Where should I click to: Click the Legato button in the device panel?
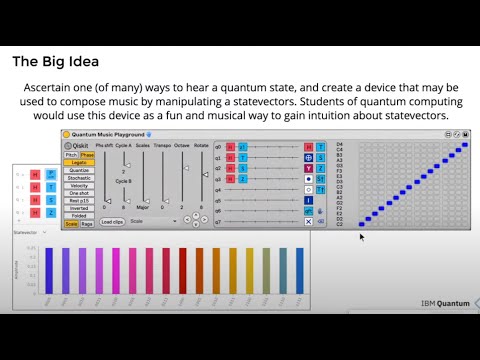pyautogui.click(x=79, y=163)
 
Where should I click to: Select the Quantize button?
pyautogui.click(x=79, y=171)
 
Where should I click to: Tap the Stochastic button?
pyautogui.click(x=79, y=179)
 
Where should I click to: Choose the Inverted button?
pyautogui.click(x=79, y=207)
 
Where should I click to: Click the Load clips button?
pyautogui.click(x=112, y=221)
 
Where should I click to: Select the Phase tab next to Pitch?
pyautogui.click(x=87, y=155)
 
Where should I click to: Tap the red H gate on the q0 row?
pyautogui.click(x=231, y=146)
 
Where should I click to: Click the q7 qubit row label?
pyautogui.click(x=219, y=221)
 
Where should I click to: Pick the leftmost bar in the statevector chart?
pyautogui.click(x=49, y=271)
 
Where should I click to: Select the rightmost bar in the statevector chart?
pyautogui.click(x=300, y=271)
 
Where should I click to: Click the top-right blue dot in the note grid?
pyautogui.click(x=465, y=145)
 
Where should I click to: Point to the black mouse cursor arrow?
pyautogui.click(x=361, y=237)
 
